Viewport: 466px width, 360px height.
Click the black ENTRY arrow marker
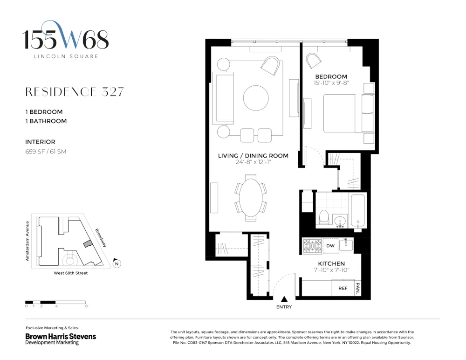pyautogui.click(x=284, y=299)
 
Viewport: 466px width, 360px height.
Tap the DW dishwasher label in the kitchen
pyautogui.click(x=330, y=246)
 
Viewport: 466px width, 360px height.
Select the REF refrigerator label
pyautogui.click(x=343, y=288)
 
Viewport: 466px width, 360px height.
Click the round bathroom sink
pyautogui.click(x=340, y=222)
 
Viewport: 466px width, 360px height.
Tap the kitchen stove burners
pyautogui.click(x=312, y=246)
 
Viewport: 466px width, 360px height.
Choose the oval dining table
pyautogui.click(x=251, y=198)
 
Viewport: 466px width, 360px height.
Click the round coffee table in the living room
pyautogui.click(x=256, y=98)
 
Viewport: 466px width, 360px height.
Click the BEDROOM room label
pyautogui.click(x=331, y=76)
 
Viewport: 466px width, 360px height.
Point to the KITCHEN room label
pyautogui.click(x=331, y=263)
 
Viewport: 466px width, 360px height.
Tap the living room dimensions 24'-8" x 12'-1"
pyautogui.click(x=253, y=162)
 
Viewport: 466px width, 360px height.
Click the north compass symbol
pyautogui.click(x=117, y=263)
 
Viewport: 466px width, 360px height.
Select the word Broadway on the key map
pyautogui.click(x=101, y=238)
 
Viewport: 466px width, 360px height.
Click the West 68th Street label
pyautogui.click(x=71, y=273)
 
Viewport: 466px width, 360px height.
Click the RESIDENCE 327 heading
pyautogui.click(x=75, y=92)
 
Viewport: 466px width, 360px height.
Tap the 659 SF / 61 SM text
pyautogui.click(x=46, y=152)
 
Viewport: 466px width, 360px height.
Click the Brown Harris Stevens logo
pyautogui.click(x=61, y=339)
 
